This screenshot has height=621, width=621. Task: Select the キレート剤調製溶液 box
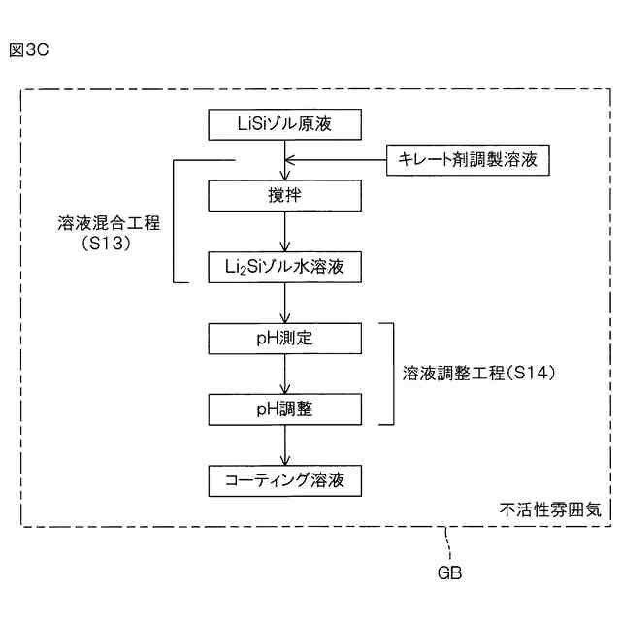pos(469,158)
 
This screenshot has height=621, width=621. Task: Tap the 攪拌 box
pos(284,195)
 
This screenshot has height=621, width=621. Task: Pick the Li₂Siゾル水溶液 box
pos(284,265)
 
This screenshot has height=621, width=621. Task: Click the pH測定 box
pos(284,339)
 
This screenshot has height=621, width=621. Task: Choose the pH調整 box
pos(284,409)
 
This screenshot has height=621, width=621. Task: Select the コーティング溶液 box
pos(284,479)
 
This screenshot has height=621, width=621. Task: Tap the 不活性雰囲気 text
pos(550,507)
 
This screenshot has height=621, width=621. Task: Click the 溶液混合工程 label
pos(108,221)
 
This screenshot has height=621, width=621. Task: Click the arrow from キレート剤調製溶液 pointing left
pos(330,159)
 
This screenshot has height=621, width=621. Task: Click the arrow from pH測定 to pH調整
pos(284,374)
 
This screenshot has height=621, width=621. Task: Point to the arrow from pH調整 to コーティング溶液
pos(284,444)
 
